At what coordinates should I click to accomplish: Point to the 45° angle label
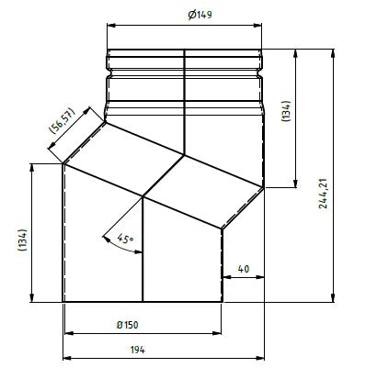tap(126, 240)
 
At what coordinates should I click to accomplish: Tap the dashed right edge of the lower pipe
tap(222, 266)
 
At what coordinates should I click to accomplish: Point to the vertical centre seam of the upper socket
tap(185, 101)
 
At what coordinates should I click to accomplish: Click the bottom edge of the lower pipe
tap(143, 301)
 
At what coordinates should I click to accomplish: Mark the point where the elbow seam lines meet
tap(143, 195)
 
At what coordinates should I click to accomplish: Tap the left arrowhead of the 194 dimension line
tap(66, 359)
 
